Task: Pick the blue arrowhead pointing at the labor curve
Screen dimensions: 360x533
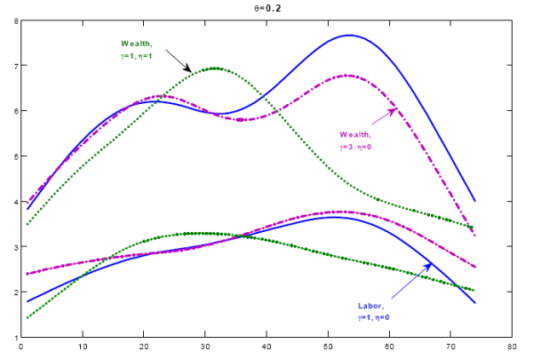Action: pyautogui.click(x=429, y=265)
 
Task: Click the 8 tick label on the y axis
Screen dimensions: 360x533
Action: pyautogui.click(x=14, y=20)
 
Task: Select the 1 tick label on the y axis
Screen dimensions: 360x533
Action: pyautogui.click(x=14, y=337)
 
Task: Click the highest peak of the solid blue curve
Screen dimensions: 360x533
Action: pyautogui.click(x=348, y=36)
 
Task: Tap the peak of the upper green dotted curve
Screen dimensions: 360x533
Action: pyautogui.click(x=215, y=68)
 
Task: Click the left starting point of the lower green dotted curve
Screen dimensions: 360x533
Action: pyautogui.click(x=28, y=318)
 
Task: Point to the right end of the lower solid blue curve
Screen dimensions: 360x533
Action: pyautogui.click(x=475, y=303)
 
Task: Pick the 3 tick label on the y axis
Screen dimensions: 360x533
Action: pyautogui.click(x=14, y=247)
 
